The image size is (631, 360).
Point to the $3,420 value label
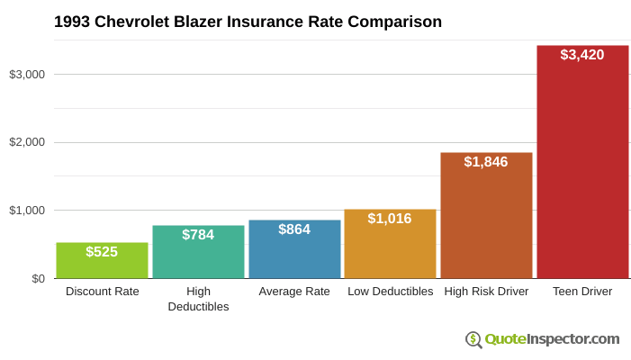(x=582, y=55)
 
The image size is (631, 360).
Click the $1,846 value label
(x=486, y=162)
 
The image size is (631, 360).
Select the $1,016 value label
(x=390, y=219)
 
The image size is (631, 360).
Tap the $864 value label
(x=294, y=229)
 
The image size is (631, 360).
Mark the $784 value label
(x=198, y=235)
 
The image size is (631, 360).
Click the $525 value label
(x=102, y=252)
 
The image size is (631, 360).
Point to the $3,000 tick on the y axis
(x=27, y=74)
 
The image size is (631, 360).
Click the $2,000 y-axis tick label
(x=27, y=142)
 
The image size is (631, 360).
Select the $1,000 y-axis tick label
(x=27, y=211)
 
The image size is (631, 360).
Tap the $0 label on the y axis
(x=38, y=279)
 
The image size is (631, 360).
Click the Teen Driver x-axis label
(x=582, y=292)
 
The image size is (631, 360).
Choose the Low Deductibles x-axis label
(x=390, y=292)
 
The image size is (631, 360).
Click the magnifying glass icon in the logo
(x=473, y=339)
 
